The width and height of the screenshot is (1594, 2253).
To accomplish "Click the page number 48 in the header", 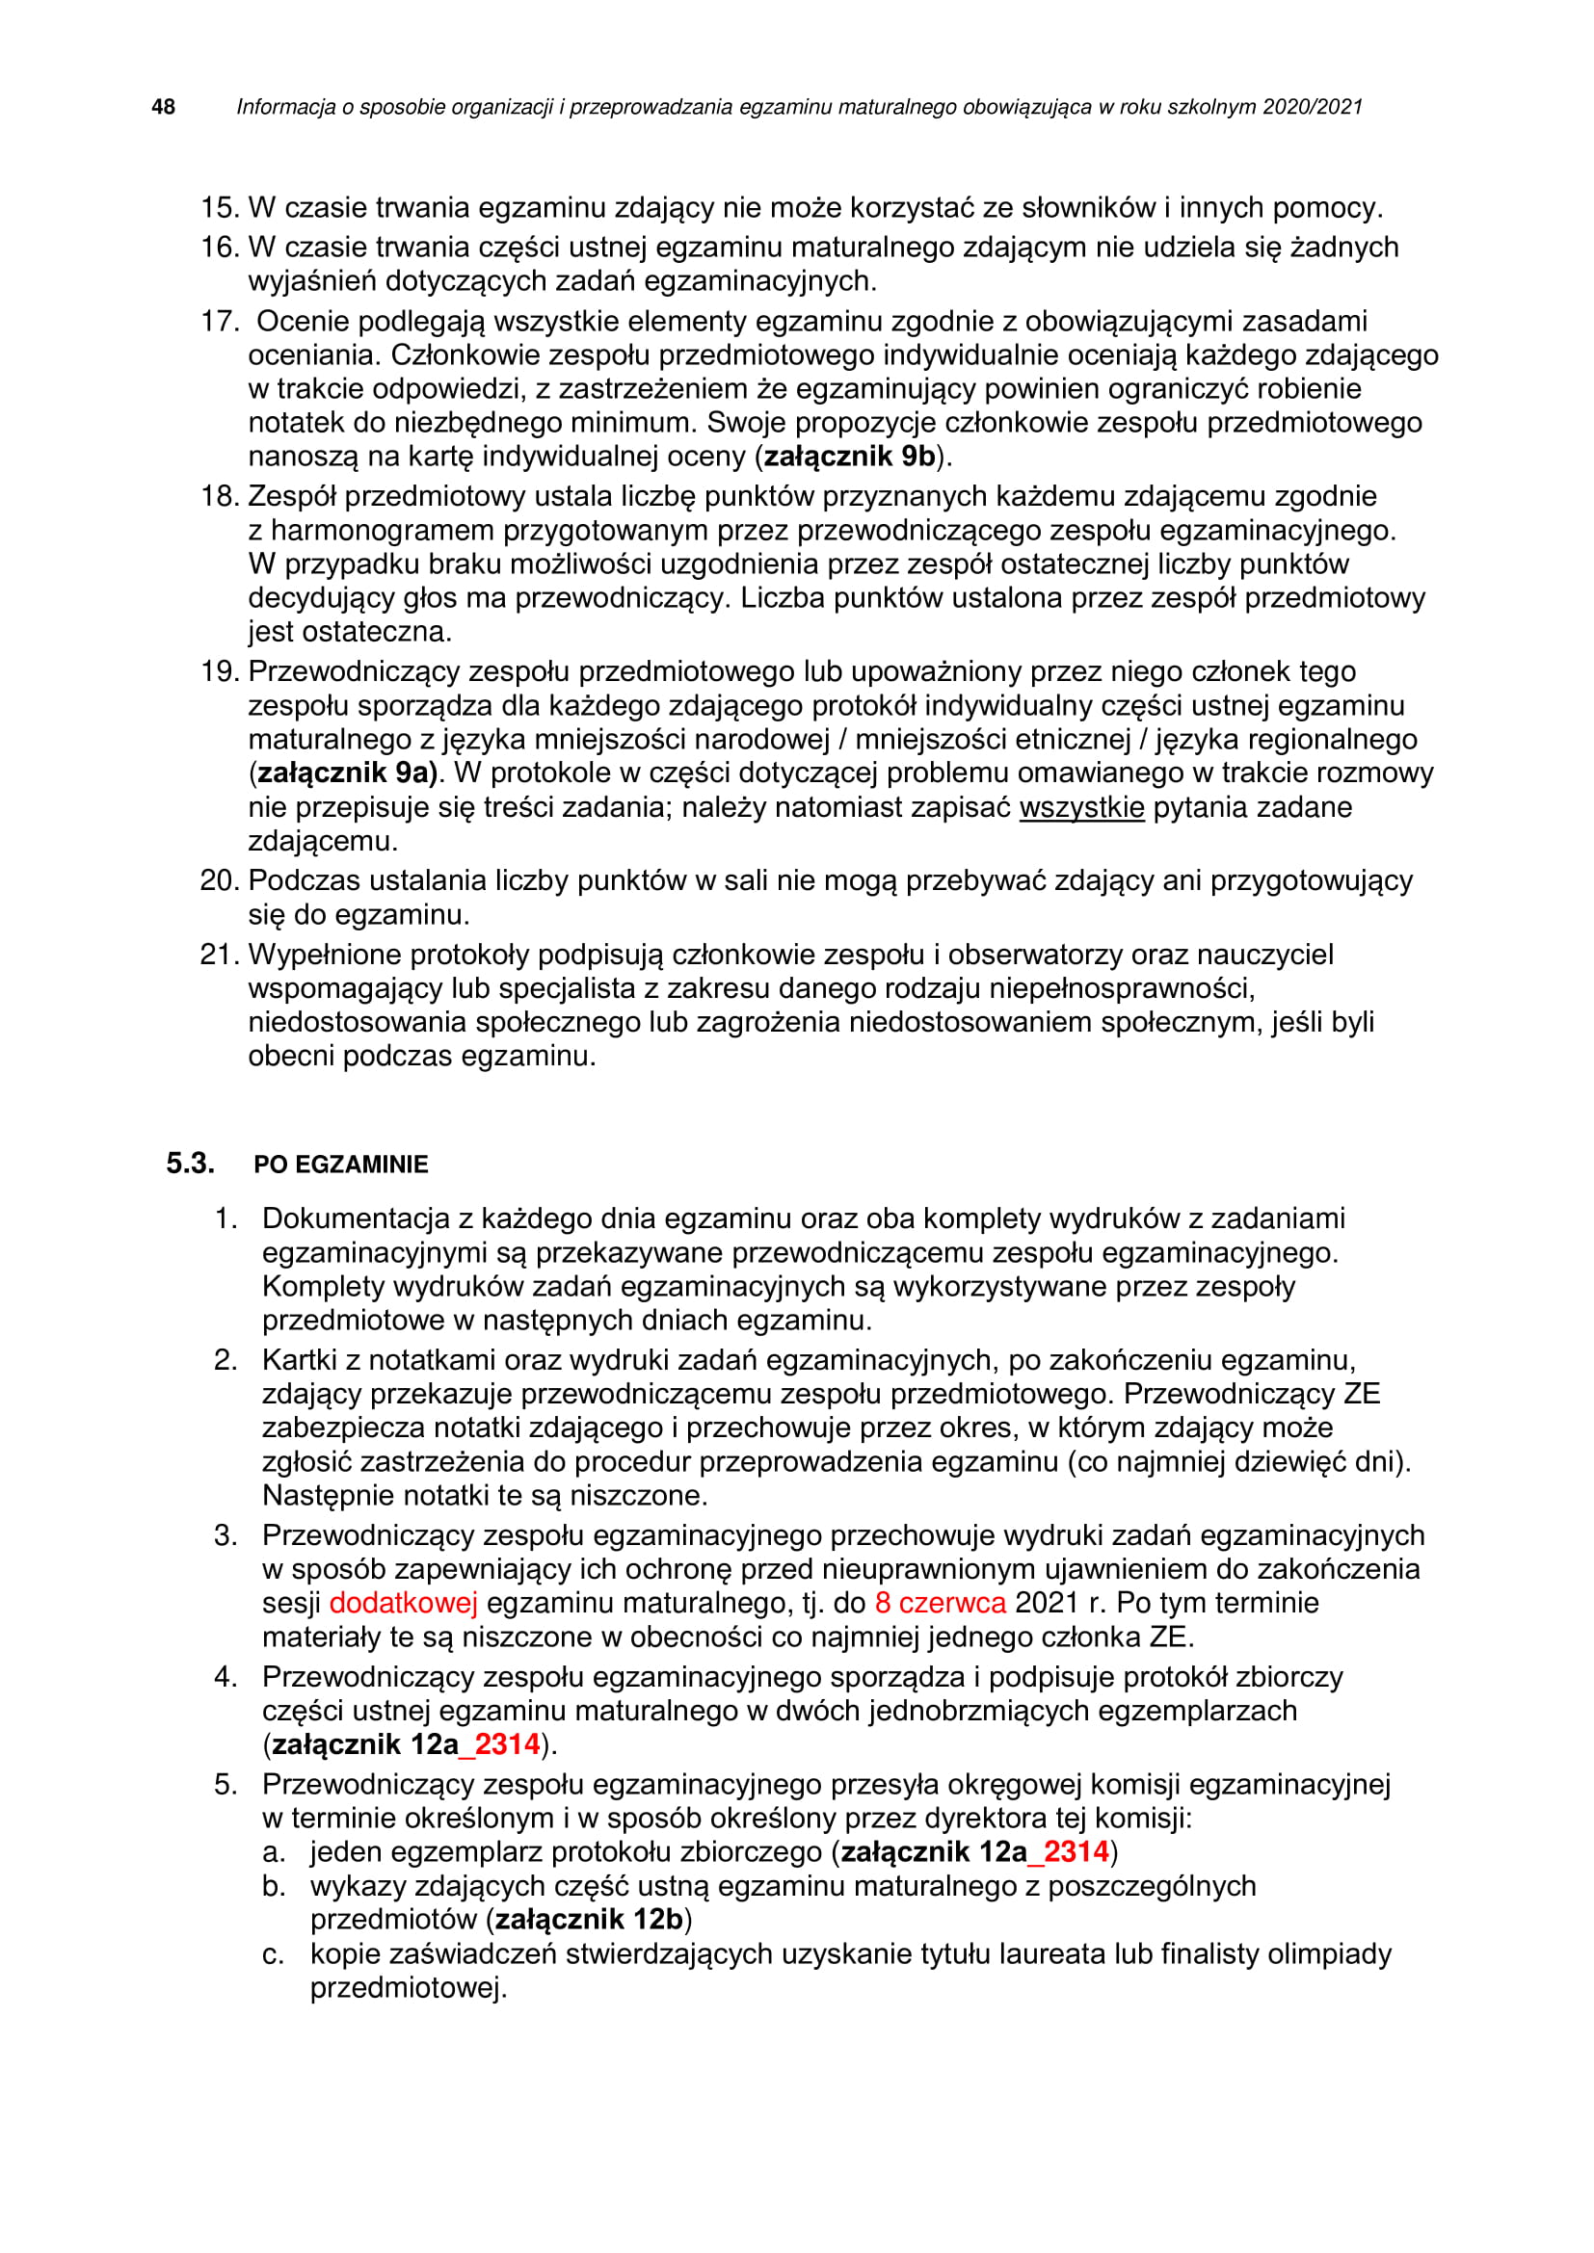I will pyautogui.click(x=163, y=107).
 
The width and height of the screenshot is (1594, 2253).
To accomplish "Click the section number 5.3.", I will pyautogui.click(x=190, y=1164).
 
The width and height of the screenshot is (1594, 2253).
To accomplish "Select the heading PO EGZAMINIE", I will pyautogui.click(x=340, y=1165).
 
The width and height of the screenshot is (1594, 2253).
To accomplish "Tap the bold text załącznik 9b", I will pyautogui.click(x=849, y=457).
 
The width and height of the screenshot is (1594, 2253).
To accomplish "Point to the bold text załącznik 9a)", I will pyautogui.click(x=347, y=773).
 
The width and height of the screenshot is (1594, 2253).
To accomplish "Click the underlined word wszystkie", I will pyautogui.click(x=1081, y=807).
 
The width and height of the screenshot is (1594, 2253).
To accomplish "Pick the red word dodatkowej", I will pyautogui.click(x=404, y=1604).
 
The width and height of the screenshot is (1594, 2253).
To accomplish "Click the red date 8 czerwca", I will pyautogui.click(x=941, y=1604).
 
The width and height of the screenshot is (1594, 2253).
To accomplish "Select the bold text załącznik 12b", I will pyautogui.click(x=589, y=1920).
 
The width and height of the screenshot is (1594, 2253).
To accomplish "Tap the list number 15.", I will pyautogui.click(x=220, y=208).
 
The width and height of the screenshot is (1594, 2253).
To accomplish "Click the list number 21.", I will pyautogui.click(x=219, y=955).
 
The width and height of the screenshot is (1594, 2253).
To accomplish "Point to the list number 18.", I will pyautogui.click(x=220, y=496).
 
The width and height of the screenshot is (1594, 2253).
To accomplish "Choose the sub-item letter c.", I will pyautogui.click(x=274, y=1954).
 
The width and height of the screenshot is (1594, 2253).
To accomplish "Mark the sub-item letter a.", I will pyautogui.click(x=274, y=1851).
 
